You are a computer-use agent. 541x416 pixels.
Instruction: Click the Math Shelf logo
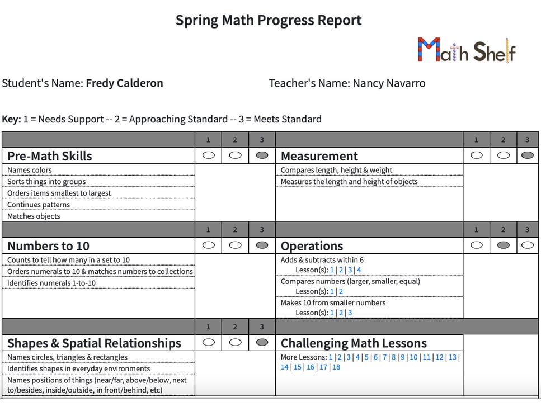click(466, 50)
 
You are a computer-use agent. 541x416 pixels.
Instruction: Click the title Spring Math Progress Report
click(269, 21)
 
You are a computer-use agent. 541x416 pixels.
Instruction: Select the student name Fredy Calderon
click(124, 83)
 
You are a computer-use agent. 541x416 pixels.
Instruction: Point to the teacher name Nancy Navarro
click(389, 83)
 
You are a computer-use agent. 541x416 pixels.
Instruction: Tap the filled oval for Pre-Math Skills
click(262, 155)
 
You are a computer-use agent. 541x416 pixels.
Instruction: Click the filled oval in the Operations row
click(504, 245)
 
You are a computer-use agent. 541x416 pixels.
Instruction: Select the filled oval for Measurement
click(527, 155)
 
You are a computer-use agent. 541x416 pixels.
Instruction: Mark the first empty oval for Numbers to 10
click(209, 245)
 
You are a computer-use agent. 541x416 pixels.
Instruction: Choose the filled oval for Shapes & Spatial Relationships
click(262, 342)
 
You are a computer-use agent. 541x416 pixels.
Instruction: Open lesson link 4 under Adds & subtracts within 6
click(359, 270)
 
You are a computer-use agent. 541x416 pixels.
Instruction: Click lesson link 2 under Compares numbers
click(341, 291)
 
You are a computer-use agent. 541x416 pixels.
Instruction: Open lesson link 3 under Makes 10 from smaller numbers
click(350, 313)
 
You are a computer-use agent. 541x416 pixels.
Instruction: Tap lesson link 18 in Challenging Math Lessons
click(336, 367)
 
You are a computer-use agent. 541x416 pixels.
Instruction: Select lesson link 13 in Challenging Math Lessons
click(453, 357)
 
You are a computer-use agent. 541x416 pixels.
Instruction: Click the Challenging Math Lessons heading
click(354, 343)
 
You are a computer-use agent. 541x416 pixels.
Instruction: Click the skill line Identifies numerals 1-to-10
click(51, 283)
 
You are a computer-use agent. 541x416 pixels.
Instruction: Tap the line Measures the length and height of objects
click(349, 181)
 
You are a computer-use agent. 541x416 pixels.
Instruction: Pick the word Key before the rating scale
click(11, 119)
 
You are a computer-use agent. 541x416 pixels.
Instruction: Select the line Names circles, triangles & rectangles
click(67, 357)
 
